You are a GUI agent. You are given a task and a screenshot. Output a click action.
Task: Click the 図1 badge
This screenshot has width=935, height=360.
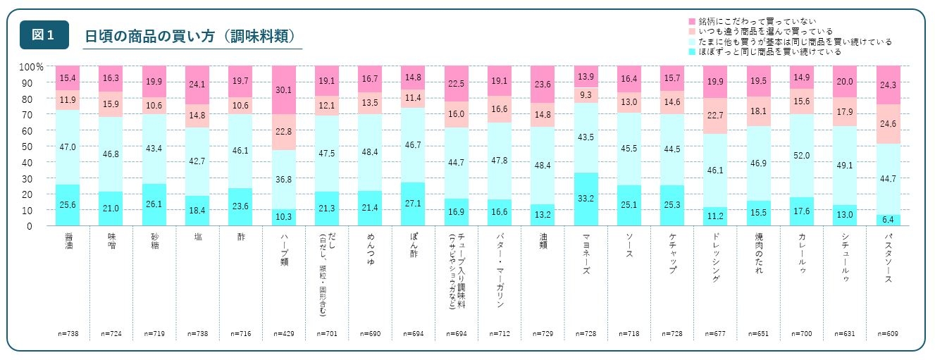coord(44,35)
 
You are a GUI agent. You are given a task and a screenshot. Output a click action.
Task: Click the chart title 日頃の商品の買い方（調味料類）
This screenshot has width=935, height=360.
coord(189,37)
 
